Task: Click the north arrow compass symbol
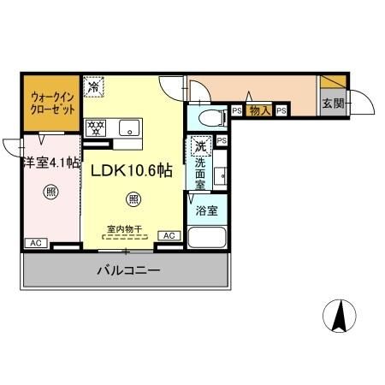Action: (340, 316)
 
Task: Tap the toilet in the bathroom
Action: (212, 118)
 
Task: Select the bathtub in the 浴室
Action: (207, 237)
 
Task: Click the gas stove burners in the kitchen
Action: (96, 128)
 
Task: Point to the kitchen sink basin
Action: (129, 127)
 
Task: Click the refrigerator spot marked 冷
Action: (93, 86)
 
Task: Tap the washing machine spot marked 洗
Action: (201, 146)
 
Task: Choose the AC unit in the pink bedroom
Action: (36, 243)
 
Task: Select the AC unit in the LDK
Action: (169, 235)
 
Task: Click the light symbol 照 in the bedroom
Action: (51, 192)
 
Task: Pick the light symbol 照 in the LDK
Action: (133, 198)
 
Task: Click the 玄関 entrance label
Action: (333, 104)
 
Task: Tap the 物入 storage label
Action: (260, 110)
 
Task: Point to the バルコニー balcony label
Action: (128, 270)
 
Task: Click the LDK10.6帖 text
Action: (132, 171)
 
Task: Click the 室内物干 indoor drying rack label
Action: (125, 228)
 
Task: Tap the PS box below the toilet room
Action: (222, 140)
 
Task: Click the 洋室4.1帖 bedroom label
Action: (51, 163)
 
